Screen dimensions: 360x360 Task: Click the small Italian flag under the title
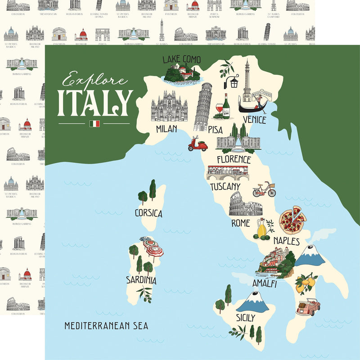94,123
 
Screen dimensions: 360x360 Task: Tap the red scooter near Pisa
198,144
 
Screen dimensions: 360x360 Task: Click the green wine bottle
226,107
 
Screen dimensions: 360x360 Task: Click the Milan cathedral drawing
169,107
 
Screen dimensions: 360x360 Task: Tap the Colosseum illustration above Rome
245,205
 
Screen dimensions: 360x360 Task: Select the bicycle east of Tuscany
264,189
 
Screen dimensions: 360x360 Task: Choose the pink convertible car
308,307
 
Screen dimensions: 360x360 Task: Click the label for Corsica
148,213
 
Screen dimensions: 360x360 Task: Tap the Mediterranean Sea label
106,325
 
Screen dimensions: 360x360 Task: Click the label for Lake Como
181,59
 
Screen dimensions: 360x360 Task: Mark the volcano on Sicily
253,301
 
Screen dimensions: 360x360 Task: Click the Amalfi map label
265,284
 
